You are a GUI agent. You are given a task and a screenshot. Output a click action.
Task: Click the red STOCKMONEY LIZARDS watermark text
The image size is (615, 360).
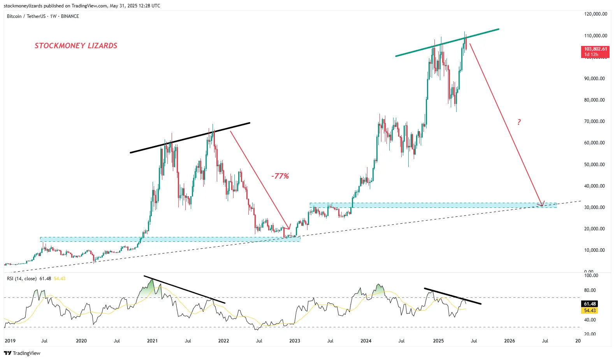pyautogui.click(x=76, y=46)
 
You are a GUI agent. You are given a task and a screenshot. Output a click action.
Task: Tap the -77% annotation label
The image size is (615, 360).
pyautogui.click(x=280, y=176)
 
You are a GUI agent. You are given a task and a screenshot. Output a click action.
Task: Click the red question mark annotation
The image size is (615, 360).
pyautogui.click(x=519, y=122)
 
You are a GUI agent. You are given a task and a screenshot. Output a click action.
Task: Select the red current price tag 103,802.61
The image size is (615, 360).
pyautogui.click(x=595, y=51)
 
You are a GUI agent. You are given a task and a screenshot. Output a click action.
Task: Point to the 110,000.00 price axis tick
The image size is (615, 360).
pyautogui.click(x=596, y=36)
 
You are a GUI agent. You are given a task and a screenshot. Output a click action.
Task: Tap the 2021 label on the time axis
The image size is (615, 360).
pyautogui.click(x=152, y=341)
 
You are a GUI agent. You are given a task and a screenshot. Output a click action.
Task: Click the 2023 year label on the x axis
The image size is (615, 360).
pyautogui.click(x=295, y=341)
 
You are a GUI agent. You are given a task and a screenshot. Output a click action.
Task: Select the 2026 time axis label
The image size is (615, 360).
pyautogui.click(x=509, y=341)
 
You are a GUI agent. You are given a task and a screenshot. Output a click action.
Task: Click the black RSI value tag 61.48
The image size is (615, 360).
pyautogui.click(x=590, y=304)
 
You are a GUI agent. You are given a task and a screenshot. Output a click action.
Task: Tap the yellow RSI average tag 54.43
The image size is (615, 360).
pyautogui.click(x=590, y=311)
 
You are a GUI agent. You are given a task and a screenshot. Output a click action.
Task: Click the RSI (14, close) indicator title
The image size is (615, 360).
pyautogui.click(x=28, y=279)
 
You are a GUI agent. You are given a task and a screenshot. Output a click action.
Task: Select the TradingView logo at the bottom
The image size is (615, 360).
pyautogui.click(x=22, y=353)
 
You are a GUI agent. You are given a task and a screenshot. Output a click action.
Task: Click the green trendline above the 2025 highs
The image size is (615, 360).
pyautogui.click(x=448, y=42)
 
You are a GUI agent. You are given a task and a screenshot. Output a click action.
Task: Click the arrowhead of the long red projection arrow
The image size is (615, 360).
pyautogui.click(x=541, y=204)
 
